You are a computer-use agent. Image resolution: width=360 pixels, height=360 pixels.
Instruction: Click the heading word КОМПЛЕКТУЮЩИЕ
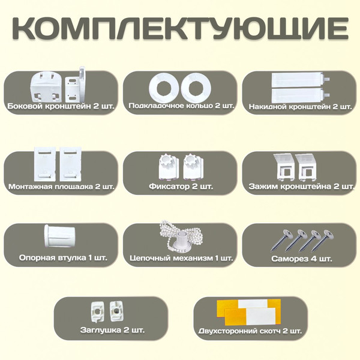[x=180, y=28]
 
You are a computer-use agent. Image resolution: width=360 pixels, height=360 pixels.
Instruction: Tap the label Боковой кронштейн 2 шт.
[x=61, y=106]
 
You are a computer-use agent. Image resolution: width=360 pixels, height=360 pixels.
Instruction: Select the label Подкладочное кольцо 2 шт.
[x=181, y=106]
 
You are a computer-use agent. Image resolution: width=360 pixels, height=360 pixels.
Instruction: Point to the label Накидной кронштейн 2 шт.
[x=301, y=107]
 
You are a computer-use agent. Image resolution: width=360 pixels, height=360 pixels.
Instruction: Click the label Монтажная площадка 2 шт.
[x=61, y=186]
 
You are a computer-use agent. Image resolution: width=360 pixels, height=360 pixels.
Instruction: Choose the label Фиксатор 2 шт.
[x=181, y=186]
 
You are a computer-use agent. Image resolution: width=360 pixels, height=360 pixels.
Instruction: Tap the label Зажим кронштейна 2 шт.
[x=301, y=186]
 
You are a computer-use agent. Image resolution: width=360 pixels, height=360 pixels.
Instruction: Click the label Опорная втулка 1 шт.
[x=63, y=257]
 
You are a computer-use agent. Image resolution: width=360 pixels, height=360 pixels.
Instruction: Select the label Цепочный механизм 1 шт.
[x=181, y=258]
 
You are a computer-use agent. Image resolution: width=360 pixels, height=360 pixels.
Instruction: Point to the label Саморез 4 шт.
[x=302, y=259]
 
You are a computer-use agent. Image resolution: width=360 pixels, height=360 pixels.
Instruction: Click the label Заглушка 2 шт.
[x=113, y=330]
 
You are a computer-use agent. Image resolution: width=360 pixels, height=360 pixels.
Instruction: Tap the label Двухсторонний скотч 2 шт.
[x=250, y=331]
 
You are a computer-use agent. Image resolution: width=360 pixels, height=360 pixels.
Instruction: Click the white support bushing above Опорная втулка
[x=60, y=236]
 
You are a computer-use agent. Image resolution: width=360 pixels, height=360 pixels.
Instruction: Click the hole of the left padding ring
[x=164, y=88]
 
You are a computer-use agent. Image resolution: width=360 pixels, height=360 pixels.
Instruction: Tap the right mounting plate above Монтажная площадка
[x=70, y=164]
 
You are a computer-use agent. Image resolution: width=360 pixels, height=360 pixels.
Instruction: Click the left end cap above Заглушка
[x=98, y=312]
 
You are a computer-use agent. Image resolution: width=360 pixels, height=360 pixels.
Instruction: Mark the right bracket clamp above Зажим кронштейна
[x=307, y=167]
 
